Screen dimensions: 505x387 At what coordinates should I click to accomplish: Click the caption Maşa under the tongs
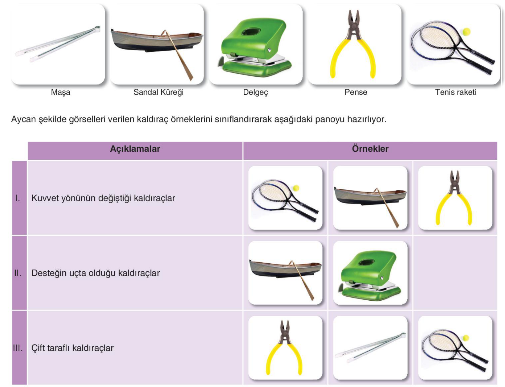click(60, 92)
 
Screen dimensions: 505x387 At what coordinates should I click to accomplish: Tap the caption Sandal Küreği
click(158, 92)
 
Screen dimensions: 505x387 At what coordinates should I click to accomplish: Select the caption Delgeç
click(255, 92)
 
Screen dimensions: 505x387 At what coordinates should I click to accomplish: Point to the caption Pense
click(356, 92)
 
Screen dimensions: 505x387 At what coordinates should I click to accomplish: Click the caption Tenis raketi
click(455, 92)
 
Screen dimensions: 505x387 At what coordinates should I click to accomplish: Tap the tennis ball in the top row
click(466, 32)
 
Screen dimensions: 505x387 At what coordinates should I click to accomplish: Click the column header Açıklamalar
click(135, 149)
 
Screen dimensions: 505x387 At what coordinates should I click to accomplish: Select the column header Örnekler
click(370, 149)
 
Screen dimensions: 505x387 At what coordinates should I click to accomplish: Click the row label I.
click(18, 198)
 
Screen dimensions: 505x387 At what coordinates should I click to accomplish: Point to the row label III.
click(18, 348)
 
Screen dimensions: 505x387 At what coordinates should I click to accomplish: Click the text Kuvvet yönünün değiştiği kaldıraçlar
click(103, 198)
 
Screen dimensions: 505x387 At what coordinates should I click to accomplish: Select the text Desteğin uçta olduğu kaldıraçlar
click(96, 273)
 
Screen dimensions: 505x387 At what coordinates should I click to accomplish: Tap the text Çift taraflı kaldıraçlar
click(72, 348)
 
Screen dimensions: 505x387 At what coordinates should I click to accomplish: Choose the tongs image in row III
click(370, 348)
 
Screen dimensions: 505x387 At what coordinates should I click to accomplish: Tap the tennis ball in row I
click(296, 188)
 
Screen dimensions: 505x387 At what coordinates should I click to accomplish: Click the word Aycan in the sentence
click(23, 120)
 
